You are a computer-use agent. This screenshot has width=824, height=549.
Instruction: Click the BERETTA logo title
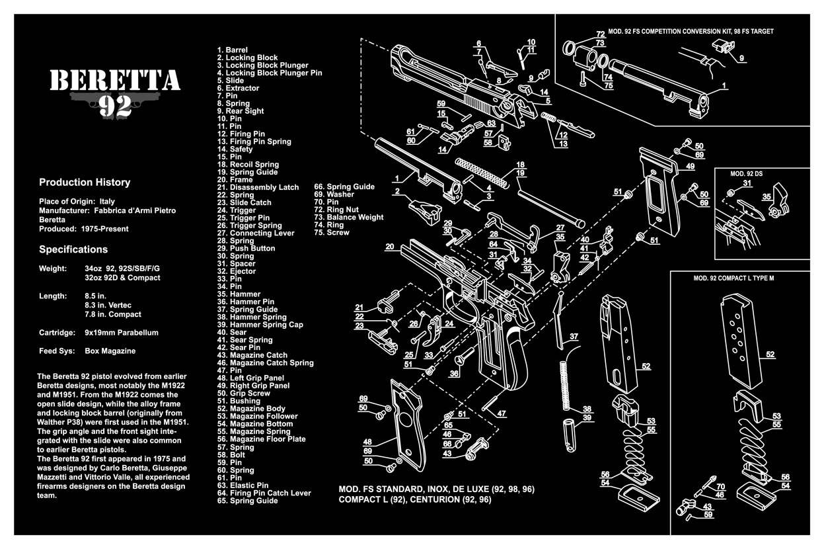(115, 80)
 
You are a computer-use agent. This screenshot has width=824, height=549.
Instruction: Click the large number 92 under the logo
(115, 106)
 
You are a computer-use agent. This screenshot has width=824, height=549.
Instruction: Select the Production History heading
(85, 183)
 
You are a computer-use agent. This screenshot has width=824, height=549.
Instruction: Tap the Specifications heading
(73, 250)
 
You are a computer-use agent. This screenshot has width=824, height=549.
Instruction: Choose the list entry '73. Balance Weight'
(348, 217)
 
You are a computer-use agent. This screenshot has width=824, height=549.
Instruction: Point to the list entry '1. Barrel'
(233, 50)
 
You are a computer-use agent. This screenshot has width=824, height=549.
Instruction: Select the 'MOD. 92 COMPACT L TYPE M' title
(733, 278)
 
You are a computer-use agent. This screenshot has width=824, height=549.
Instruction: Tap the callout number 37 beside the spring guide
(574, 337)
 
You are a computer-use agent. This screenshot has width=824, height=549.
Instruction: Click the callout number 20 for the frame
(389, 247)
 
